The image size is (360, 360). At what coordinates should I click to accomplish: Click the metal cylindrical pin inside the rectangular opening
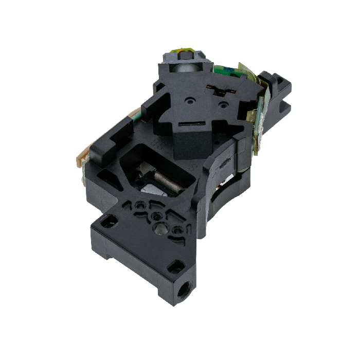coord(167,184)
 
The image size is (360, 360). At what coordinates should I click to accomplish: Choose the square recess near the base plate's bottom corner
coord(176,266)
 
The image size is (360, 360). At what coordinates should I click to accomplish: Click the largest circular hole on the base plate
coord(160,226)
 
